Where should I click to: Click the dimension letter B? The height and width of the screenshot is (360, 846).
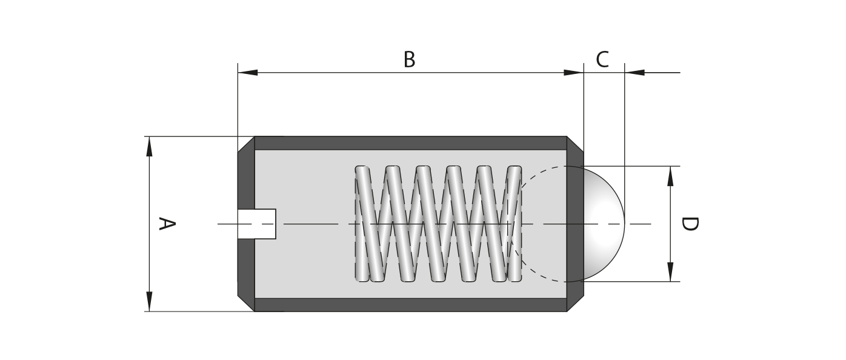coord(410,60)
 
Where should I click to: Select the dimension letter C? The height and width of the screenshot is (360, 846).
coord(602,60)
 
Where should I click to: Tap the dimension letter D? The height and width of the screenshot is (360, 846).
coord(689,224)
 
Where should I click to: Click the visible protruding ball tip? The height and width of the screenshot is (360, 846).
coord(602,224)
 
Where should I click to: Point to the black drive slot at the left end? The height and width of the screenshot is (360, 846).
coord(257,224)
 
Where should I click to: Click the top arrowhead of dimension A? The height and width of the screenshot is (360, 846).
coord(149,146)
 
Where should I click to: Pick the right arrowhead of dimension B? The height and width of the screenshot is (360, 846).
coord(573,73)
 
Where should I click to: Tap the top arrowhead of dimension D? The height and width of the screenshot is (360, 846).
coord(670,175)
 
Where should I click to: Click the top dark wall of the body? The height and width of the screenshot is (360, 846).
coord(410,143)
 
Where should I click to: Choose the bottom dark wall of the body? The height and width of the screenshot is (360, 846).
coord(410,305)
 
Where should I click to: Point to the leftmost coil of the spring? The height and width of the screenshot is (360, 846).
coord(362,224)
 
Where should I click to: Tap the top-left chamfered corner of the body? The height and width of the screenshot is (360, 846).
coord(245,144)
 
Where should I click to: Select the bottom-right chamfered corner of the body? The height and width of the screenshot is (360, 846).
coord(576,303)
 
